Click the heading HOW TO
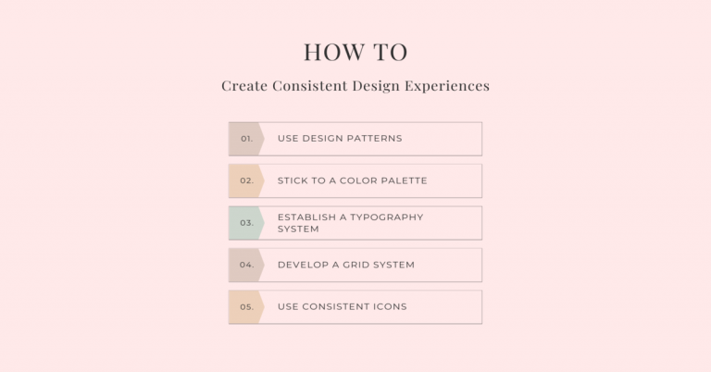pos(355,52)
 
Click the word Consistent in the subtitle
pos(307,86)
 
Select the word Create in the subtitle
pos(243,86)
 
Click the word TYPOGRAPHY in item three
pos(387,217)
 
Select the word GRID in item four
pos(353,265)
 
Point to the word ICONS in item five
pos(389,306)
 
